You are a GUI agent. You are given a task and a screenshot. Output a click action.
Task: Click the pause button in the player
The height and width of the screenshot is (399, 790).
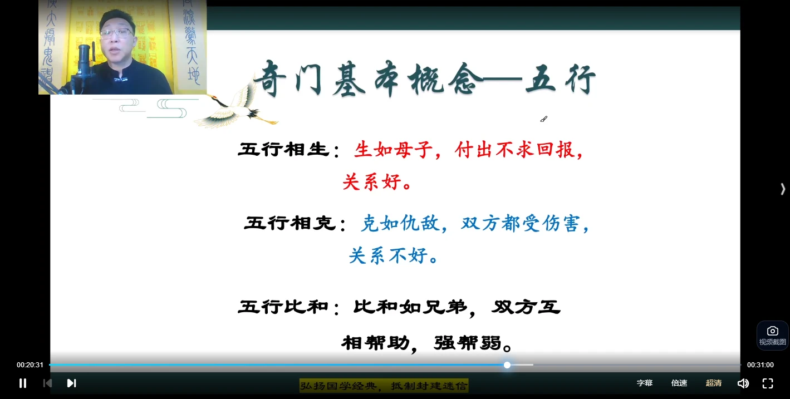23,383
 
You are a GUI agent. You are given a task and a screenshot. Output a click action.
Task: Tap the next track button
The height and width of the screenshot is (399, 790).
71,383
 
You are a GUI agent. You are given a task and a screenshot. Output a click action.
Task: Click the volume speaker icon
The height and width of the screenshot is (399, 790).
743,383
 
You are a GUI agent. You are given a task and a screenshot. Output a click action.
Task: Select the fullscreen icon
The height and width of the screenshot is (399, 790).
768,383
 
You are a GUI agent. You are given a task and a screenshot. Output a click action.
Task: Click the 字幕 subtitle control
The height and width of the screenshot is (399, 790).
645,383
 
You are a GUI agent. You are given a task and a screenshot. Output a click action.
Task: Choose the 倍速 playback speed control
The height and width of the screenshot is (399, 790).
679,383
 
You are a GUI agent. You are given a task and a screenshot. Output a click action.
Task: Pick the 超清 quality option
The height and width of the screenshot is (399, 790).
714,383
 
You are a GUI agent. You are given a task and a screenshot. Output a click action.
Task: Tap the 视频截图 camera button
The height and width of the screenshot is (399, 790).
772,335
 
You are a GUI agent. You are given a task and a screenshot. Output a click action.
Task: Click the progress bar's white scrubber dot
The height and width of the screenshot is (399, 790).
507,365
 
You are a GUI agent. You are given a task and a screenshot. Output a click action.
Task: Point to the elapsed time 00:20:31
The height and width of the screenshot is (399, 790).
30,365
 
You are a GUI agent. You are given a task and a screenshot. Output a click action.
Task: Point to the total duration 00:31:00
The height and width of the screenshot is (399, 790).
760,365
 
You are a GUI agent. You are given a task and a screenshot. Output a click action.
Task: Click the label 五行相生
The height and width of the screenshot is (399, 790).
283,150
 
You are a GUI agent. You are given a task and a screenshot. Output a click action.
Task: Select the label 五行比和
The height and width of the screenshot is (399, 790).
283,307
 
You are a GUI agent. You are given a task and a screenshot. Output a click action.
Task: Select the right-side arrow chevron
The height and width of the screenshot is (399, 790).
783,189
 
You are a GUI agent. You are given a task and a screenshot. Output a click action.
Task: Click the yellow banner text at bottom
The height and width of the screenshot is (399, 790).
384,385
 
